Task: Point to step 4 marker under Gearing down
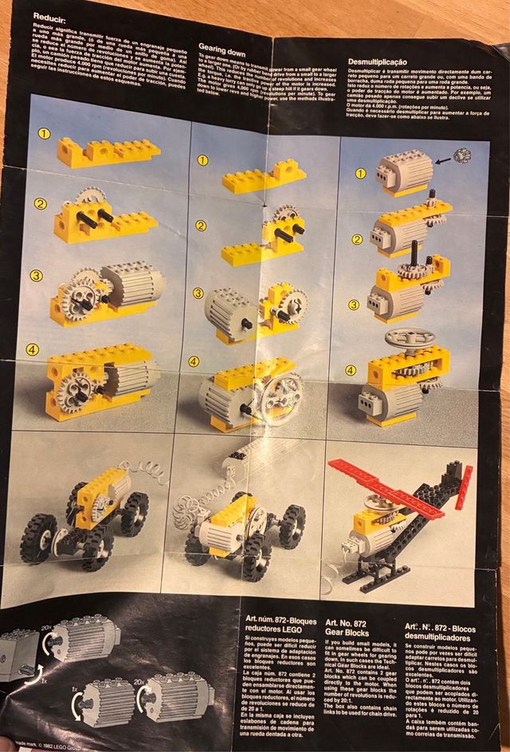tap(193, 361)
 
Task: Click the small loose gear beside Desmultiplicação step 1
tap(462, 156)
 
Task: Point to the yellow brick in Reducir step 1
tap(108, 151)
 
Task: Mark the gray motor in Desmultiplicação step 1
tap(405, 170)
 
